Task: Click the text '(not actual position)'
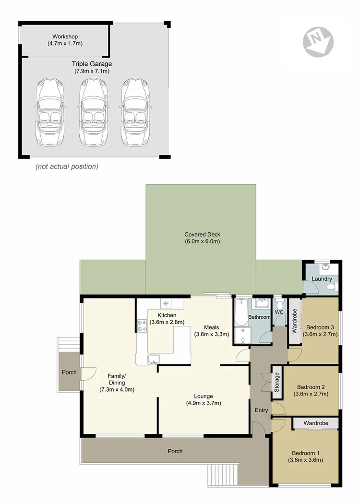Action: click(x=67, y=167)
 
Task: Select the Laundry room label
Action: click(x=322, y=279)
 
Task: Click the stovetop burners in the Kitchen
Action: click(x=142, y=325)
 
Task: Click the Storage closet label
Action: click(x=276, y=383)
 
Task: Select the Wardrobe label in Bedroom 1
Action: click(x=316, y=423)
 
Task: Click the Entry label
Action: click(x=261, y=410)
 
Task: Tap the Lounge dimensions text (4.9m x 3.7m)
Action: click(x=204, y=403)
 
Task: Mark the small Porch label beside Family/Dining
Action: click(x=69, y=372)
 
